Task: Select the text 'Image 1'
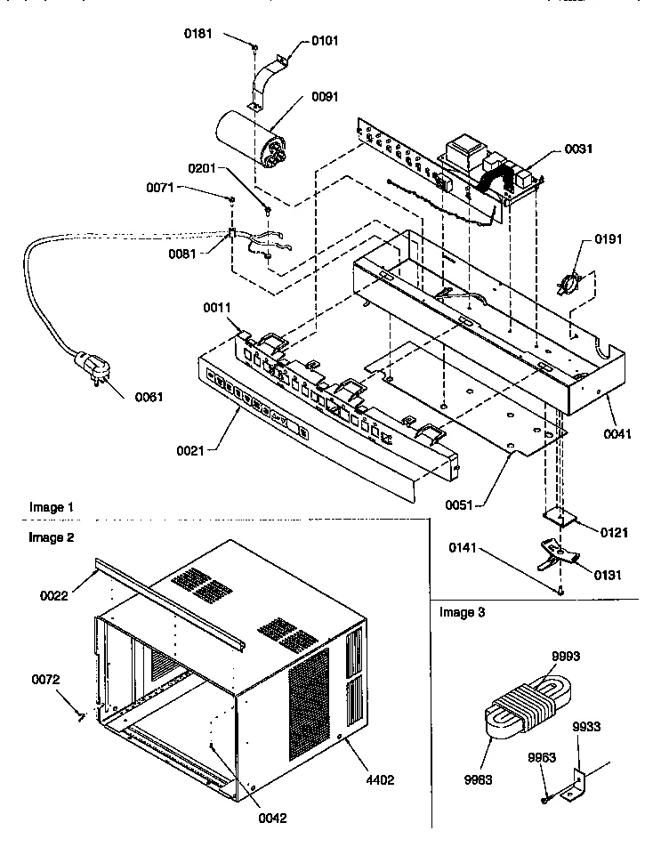tap(51, 507)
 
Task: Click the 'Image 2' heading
tap(51, 537)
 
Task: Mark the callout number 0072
tap(46, 681)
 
